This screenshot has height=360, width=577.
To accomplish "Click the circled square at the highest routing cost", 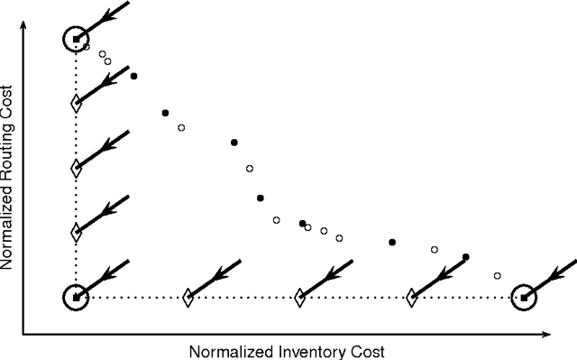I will (77, 39).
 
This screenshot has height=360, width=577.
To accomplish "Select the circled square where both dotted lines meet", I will (77, 296).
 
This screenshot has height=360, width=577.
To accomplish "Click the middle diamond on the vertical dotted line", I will (77, 168).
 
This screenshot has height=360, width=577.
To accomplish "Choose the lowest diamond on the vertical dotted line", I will (77, 232).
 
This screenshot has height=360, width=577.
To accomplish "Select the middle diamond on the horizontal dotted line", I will (299, 296).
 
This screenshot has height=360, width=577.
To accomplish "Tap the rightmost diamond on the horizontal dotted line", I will (411, 296).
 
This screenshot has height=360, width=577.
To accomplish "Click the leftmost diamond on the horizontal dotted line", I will (188, 296).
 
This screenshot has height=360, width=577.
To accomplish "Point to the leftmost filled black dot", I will (133, 76).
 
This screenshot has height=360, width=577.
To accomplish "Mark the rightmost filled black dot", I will (466, 257).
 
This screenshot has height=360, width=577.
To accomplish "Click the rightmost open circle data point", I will (498, 275).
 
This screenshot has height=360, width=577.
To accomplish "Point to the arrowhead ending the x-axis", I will (548, 335).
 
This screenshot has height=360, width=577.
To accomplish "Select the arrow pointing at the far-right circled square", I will (551, 273).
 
